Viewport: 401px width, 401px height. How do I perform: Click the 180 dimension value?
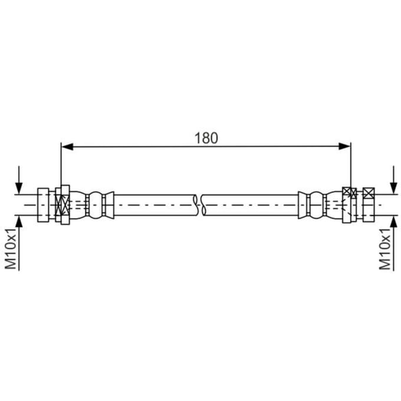(206, 138)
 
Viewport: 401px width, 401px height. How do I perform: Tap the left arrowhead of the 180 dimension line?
(67, 146)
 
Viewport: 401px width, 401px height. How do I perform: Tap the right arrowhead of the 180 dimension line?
(344, 146)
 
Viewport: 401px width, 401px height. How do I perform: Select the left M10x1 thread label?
(11, 249)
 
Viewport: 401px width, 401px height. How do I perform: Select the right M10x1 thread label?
(385, 249)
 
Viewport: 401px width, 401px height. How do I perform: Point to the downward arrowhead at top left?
(19, 188)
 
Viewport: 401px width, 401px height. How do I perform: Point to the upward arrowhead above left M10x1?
(19, 222)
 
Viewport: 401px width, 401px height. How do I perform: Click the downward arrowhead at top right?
(393, 188)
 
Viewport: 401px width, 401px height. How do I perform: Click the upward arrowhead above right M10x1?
(393, 222)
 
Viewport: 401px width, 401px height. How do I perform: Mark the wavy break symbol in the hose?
(200, 205)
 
